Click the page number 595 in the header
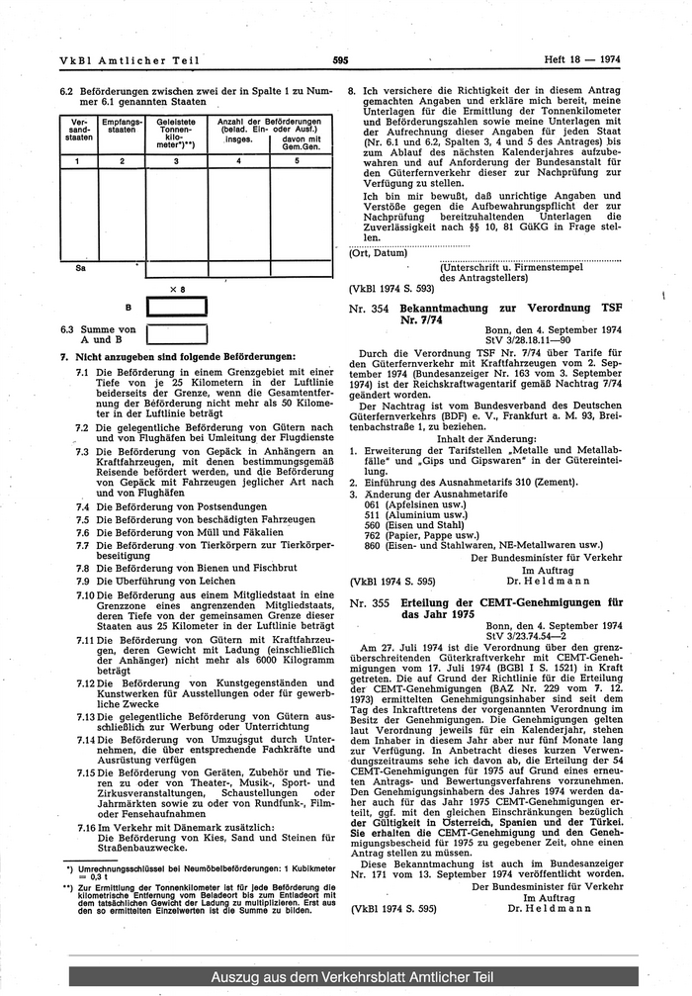343,59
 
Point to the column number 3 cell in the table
175,160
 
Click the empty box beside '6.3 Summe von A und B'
177,333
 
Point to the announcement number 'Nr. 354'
368,309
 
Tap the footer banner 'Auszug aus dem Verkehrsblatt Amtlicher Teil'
345,977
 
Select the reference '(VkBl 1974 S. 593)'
391,291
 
